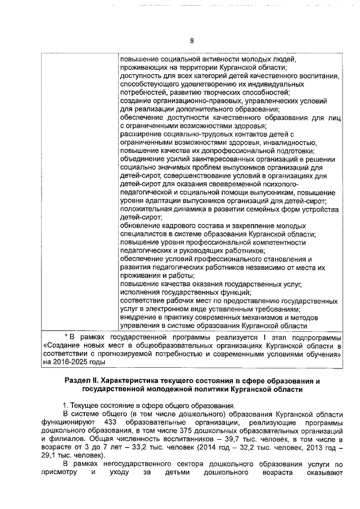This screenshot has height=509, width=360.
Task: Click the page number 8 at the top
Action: pos(191,40)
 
